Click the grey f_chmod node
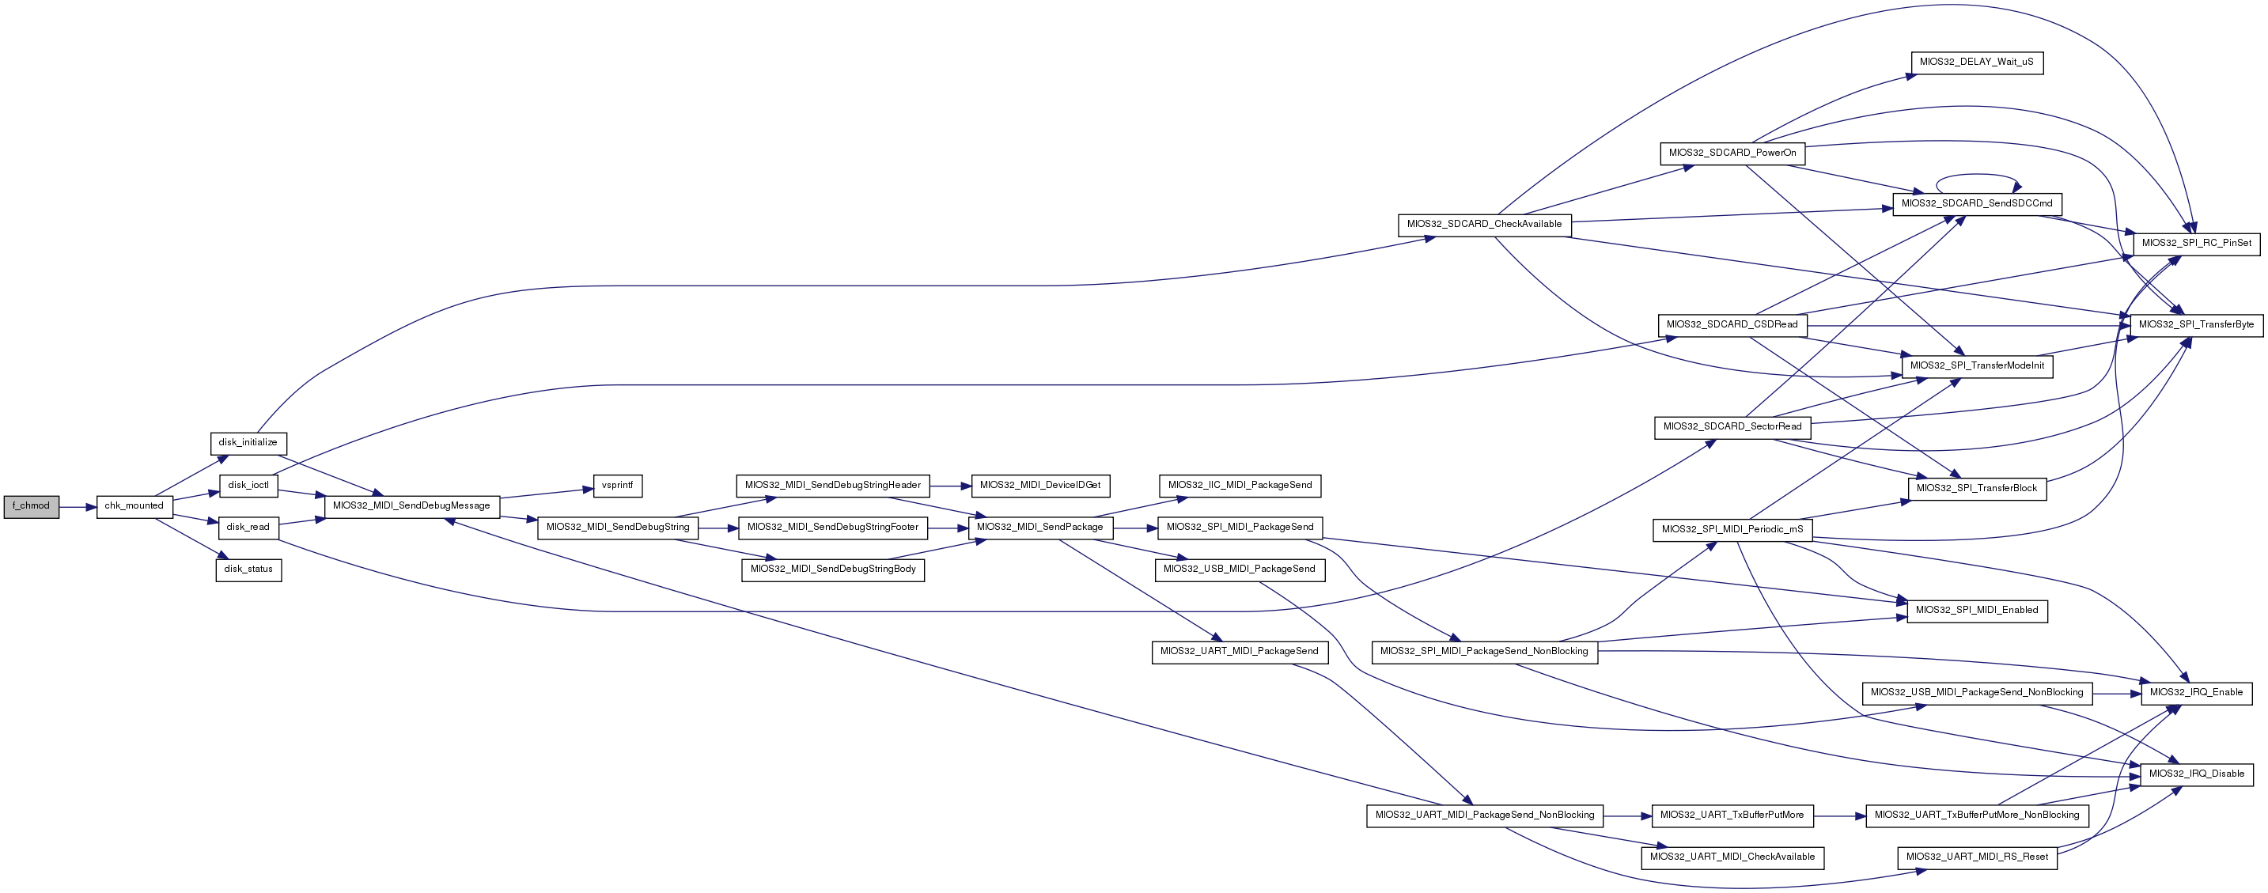(x=31, y=506)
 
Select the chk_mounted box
(x=134, y=506)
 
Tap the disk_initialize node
(x=248, y=443)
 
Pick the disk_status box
(x=248, y=569)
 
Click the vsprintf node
(x=618, y=485)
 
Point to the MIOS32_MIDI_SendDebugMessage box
(x=412, y=506)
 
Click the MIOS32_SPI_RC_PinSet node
(x=2196, y=243)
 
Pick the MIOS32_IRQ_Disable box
(x=2196, y=774)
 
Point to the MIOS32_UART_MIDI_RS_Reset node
(x=1977, y=857)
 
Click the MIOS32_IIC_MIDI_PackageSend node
(x=1240, y=485)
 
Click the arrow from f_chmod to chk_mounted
(x=78, y=507)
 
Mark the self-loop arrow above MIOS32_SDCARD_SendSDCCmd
(x=1977, y=176)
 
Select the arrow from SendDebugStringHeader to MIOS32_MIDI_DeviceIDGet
(x=950, y=485)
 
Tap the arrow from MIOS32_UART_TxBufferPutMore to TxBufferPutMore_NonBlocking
(x=1839, y=816)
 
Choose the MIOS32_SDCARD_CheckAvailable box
(x=1483, y=225)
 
